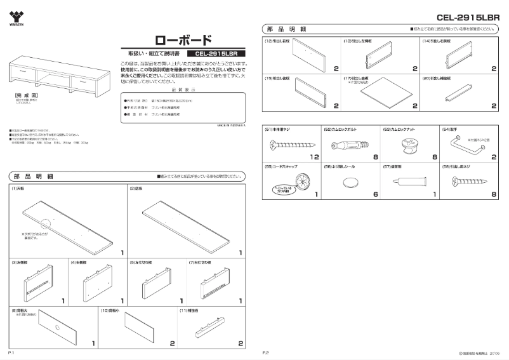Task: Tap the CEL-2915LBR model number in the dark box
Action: tap(218, 55)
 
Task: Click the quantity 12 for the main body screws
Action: tap(313, 156)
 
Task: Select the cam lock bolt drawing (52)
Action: tap(347, 144)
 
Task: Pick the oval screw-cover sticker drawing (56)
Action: tap(350, 182)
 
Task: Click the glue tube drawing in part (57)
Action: tap(407, 182)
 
